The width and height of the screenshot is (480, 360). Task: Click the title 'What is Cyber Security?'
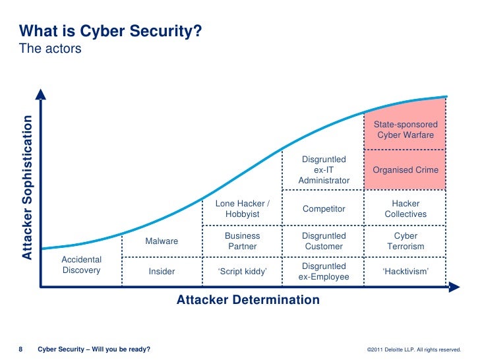[110, 31]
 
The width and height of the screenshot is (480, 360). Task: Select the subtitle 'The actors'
[50, 48]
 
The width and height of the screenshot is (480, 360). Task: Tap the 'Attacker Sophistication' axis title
[27, 187]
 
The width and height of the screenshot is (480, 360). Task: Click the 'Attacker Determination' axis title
[248, 300]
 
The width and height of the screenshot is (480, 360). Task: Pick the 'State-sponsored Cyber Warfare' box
[405, 130]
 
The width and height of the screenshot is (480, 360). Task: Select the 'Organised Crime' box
[405, 170]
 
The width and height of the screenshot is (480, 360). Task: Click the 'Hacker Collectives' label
[405, 209]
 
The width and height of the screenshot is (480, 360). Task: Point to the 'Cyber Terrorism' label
[405, 241]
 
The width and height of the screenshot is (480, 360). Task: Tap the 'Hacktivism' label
[405, 271]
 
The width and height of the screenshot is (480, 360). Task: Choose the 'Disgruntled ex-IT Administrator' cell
[324, 170]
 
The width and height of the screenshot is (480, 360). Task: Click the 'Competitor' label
[324, 209]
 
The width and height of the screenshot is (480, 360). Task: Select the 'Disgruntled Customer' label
[324, 241]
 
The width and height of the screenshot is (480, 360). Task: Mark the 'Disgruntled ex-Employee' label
[324, 271]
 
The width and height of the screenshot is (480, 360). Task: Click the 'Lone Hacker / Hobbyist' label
[243, 209]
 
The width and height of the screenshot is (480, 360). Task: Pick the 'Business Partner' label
[243, 241]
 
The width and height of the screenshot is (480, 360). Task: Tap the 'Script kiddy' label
[243, 271]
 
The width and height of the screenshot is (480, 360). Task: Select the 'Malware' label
[162, 241]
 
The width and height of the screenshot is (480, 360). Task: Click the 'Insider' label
[162, 271]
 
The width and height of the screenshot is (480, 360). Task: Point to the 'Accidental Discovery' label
[81, 265]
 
